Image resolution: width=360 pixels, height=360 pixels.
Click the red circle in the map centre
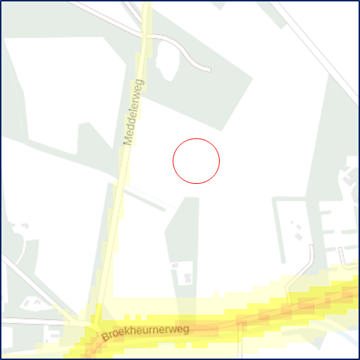[x=197, y=161]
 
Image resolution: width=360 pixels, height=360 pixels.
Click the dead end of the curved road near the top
[x=209, y=70]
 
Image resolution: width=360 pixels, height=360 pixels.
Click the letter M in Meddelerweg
[x=128, y=141]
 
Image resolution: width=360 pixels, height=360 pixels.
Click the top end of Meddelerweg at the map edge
[x=147, y=4]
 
